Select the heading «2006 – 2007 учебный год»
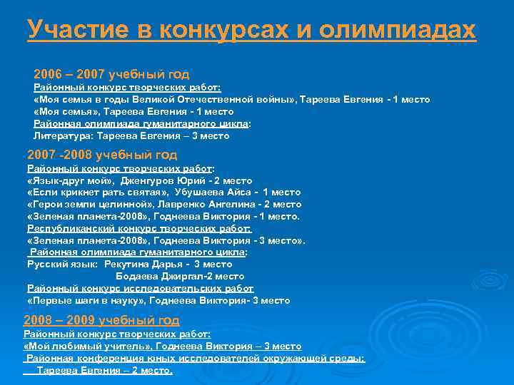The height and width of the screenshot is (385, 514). point(111,73)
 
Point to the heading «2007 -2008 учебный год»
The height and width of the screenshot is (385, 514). point(102,155)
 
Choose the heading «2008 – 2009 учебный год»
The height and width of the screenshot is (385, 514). point(101,320)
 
